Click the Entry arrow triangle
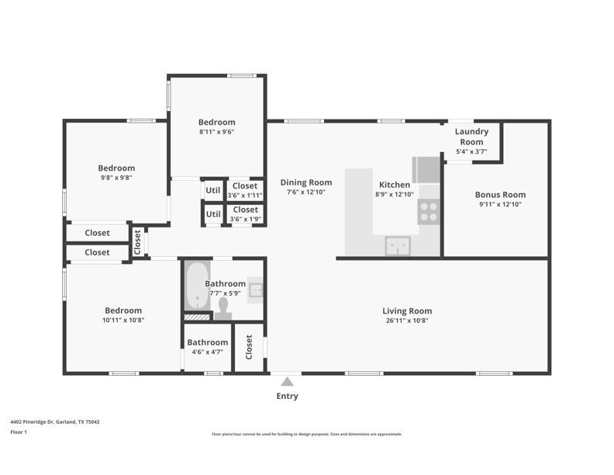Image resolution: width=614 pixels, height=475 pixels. click(x=287, y=382)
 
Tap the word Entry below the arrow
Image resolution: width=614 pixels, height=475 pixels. click(x=287, y=396)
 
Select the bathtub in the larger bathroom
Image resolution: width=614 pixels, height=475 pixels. click(x=198, y=286)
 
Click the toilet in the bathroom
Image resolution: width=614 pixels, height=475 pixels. click(x=223, y=309)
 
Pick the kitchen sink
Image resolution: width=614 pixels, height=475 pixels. click(x=398, y=246)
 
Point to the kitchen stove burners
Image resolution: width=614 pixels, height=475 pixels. click(x=429, y=212)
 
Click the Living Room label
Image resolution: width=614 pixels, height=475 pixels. click(x=407, y=310)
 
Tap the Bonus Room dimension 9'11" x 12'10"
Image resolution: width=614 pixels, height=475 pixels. click(x=501, y=204)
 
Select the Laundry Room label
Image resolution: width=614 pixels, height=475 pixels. click(x=471, y=137)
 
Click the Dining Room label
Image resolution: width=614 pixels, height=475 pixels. click(x=305, y=182)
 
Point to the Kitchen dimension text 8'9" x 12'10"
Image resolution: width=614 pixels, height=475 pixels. click(x=395, y=194)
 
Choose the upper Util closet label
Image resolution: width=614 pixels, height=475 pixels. click(x=213, y=190)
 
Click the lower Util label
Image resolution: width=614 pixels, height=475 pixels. click(x=213, y=214)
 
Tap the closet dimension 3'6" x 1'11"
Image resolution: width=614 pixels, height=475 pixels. click(x=245, y=195)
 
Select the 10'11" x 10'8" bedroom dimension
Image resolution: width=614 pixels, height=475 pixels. click(x=123, y=320)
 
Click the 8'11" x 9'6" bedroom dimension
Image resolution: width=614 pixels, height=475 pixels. click(x=216, y=132)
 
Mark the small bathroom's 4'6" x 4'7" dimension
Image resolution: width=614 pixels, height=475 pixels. click(x=207, y=352)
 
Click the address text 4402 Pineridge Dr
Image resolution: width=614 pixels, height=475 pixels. click(x=32, y=422)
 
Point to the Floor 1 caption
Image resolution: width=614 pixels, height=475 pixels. click(x=19, y=432)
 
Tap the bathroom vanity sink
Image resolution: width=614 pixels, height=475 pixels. click(x=257, y=290)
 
